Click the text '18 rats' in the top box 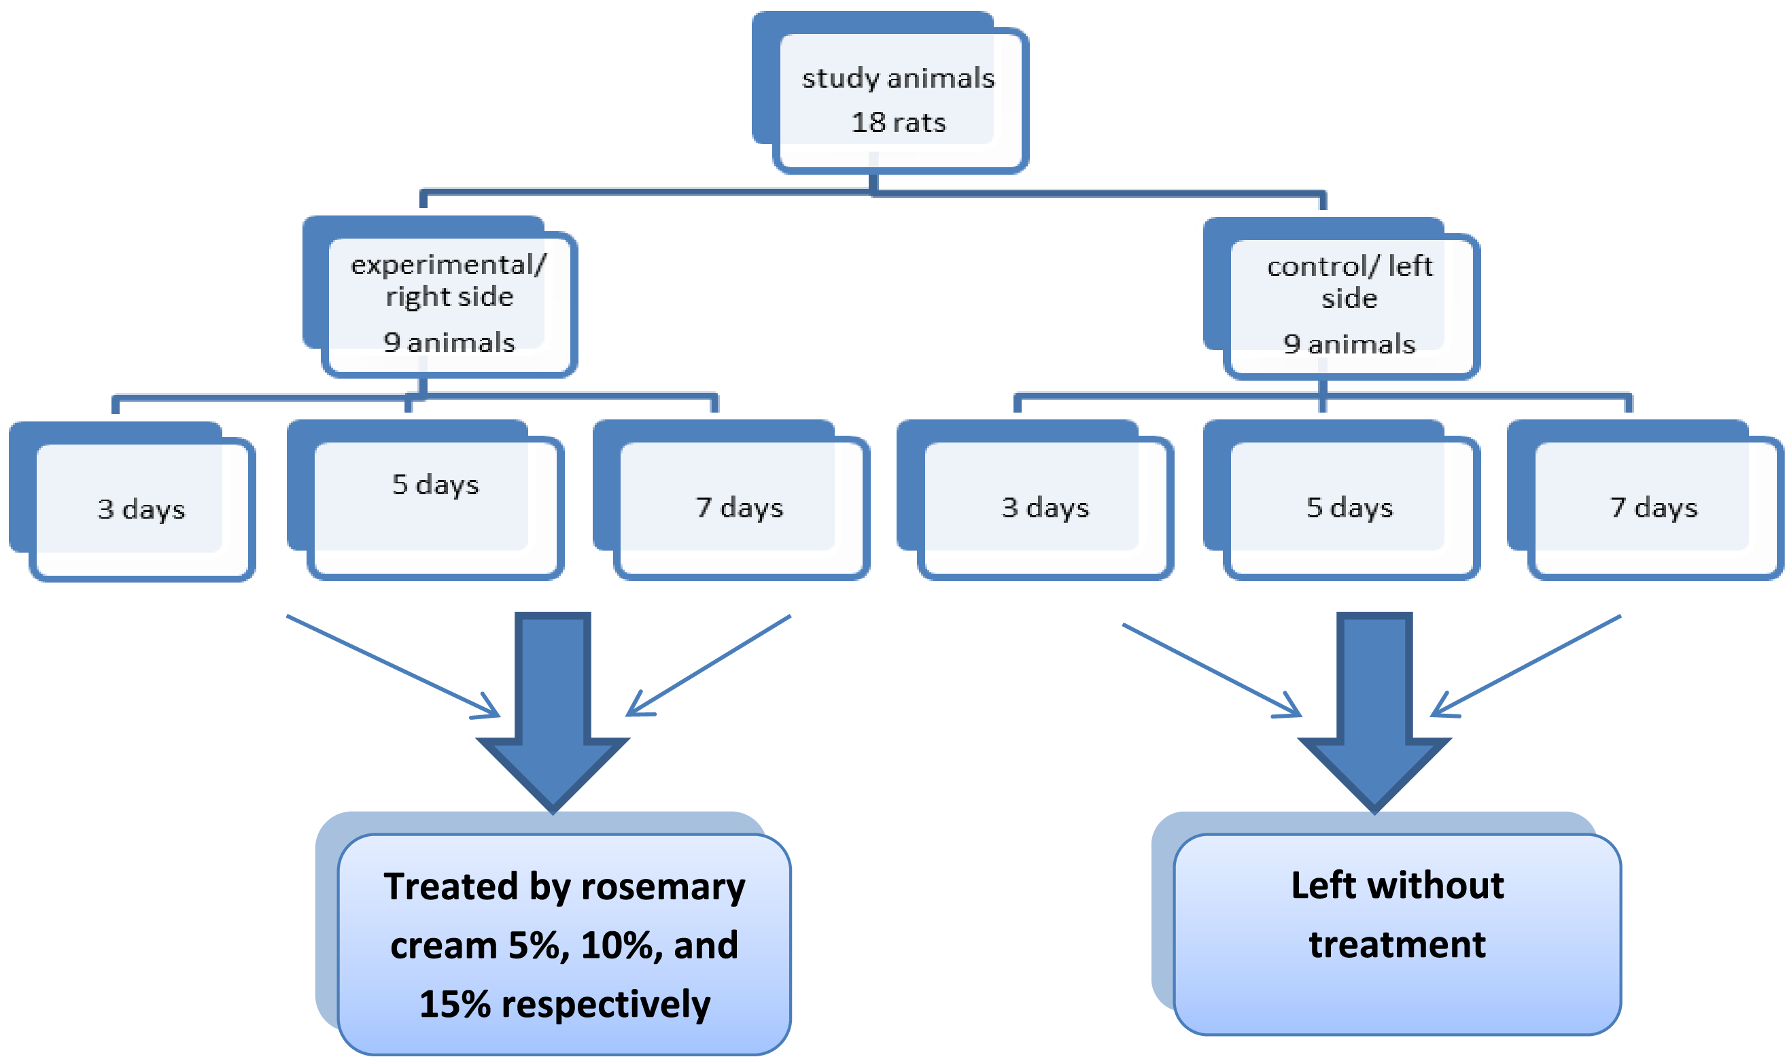(x=898, y=122)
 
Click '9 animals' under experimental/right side (x=449, y=343)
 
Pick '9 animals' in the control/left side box (x=1349, y=344)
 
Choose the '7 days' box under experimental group (x=740, y=507)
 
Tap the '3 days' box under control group (x=1045, y=507)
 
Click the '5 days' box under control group (x=1349, y=507)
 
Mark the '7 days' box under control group (x=1653, y=507)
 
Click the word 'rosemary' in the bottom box (x=663, y=888)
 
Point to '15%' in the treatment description (x=455, y=1004)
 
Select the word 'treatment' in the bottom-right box (x=1397, y=944)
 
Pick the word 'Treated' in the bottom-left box (x=451, y=887)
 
